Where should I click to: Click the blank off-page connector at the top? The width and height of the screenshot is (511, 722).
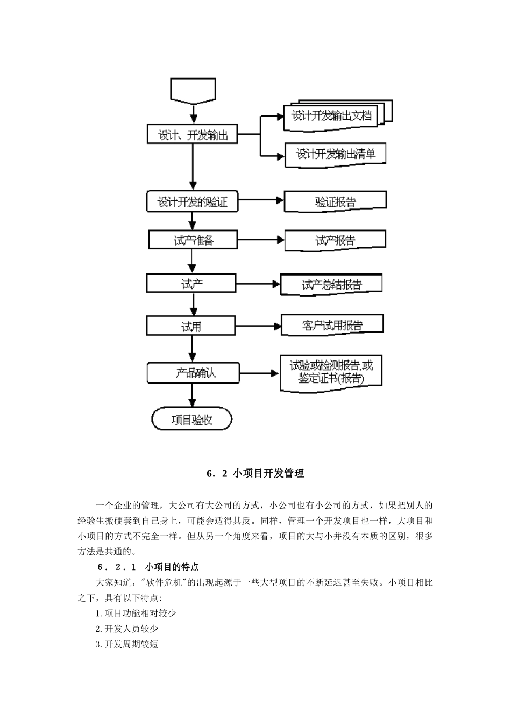click(x=193, y=90)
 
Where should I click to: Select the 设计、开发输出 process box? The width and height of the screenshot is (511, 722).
click(x=193, y=135)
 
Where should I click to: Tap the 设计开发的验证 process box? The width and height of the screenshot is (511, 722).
click(x=192, y=202)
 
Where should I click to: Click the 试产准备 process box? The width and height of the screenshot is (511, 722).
click(x=193, y=240)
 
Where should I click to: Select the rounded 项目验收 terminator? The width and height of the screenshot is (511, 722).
click(x=192, y=420)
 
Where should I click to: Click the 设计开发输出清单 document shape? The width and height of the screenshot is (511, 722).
click(x=335, y=154)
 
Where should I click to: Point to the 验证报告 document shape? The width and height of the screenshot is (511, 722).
click(x=335, y=202)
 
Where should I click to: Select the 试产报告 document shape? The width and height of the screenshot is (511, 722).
click(x=335, y=241)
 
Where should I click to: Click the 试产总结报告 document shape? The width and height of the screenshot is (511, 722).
click(x=331, y=285)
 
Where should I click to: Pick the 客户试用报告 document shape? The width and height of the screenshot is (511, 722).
click(x=332, y=325)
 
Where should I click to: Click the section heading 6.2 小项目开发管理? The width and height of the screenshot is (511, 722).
click(x=256, y=473)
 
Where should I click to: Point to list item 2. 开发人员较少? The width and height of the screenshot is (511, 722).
click(x=127, y=629)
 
